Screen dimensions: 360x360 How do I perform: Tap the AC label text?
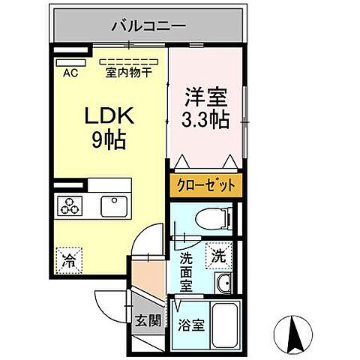point(70,73)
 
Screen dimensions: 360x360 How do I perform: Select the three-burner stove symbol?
point(70,205)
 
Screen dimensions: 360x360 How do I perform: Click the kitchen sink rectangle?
point(115,205)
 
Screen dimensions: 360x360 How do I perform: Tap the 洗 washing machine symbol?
point(218,255)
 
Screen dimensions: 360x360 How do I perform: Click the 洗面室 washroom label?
point(187,270)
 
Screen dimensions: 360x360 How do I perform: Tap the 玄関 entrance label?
point(148,321)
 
